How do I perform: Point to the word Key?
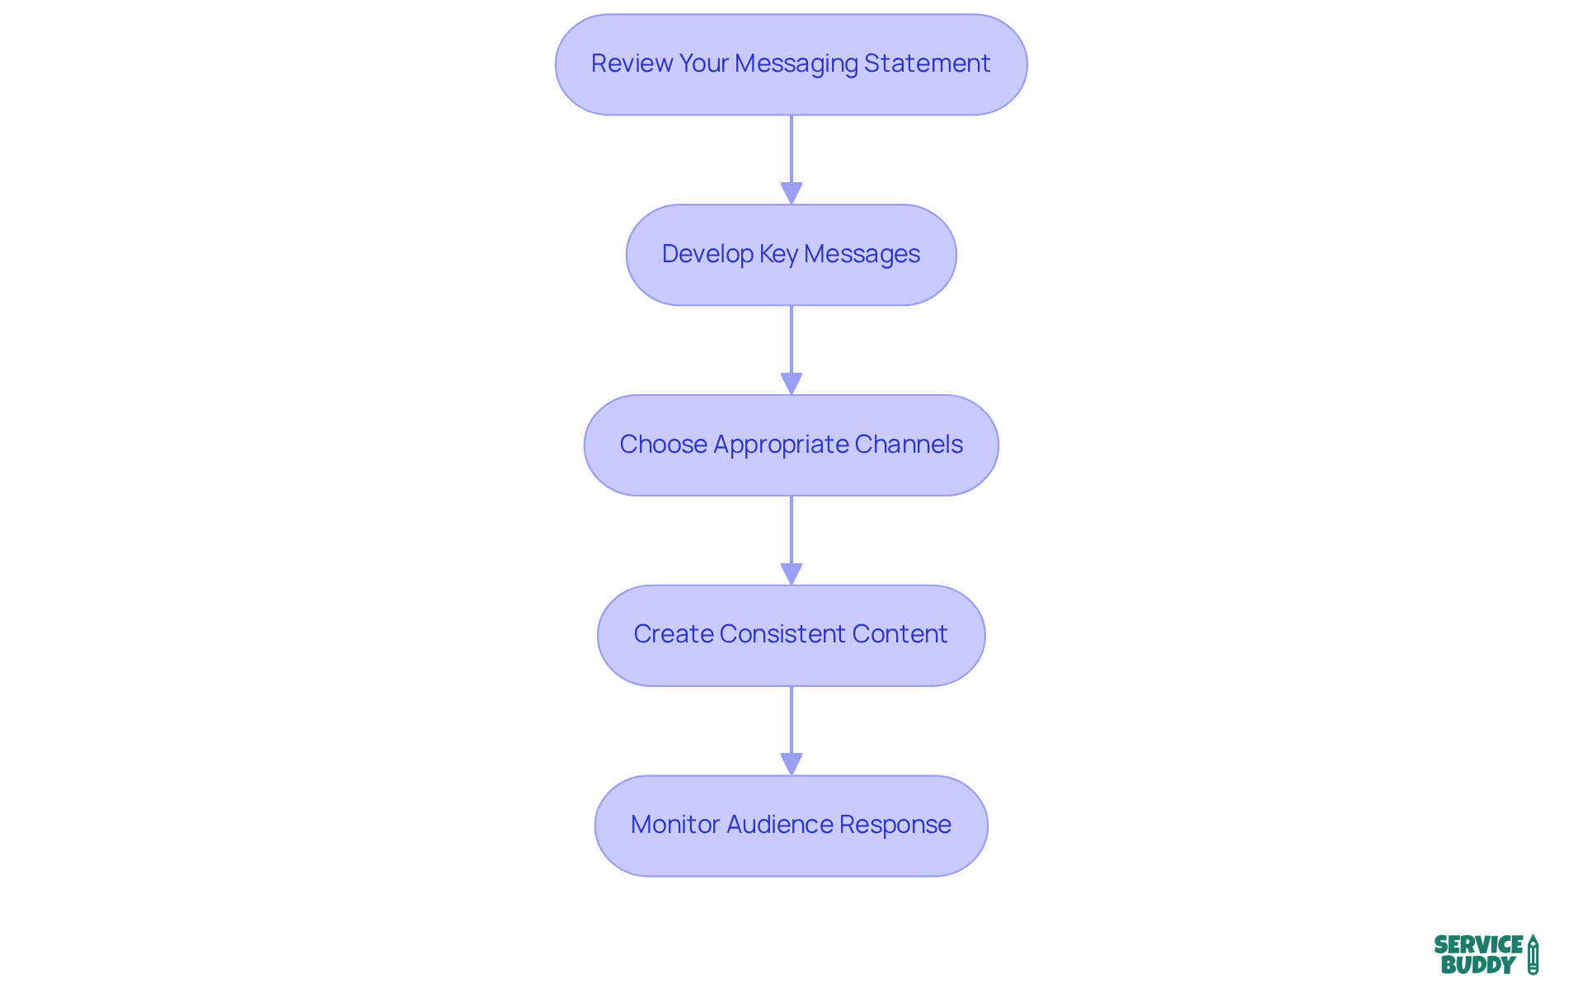pos(778,254)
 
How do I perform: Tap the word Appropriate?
pos(781,445)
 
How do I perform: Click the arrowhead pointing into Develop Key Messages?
pos(791,193)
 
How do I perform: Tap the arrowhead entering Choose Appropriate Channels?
pos(791,383)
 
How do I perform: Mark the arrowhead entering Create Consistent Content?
pos(791,574)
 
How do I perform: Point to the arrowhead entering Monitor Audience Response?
pos(791,764)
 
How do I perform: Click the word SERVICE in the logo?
pos(1478,945)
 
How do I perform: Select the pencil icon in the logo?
pos(1533,955)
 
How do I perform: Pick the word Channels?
pos(909,445)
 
